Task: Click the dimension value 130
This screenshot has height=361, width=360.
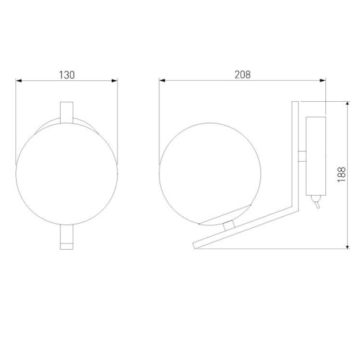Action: coord(67,74)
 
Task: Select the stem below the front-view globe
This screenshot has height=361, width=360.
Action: coord(67,237)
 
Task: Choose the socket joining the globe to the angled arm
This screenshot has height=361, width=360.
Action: coord(229,225)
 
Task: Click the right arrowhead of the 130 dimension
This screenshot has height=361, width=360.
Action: coord(115,82)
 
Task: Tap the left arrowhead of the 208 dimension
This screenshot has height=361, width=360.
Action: coord(162,82)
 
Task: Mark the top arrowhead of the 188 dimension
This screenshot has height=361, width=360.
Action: coord(350,103)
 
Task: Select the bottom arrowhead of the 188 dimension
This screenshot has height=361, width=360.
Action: coord(350,249)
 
